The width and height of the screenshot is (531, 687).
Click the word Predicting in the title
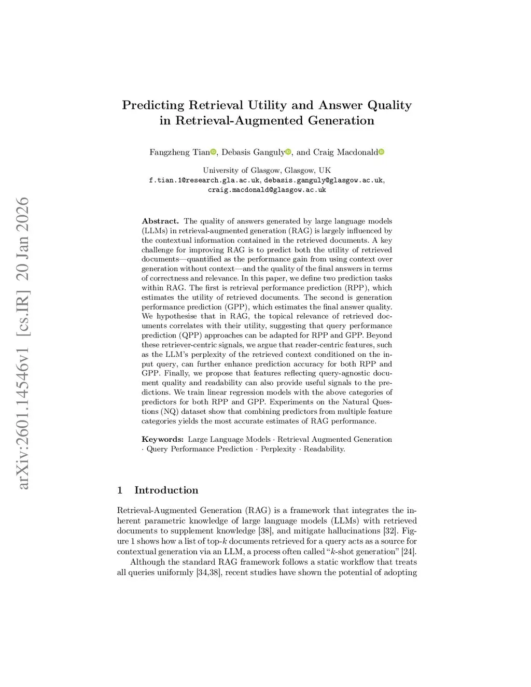(153, 105)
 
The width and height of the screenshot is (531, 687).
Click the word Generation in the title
(341, 121)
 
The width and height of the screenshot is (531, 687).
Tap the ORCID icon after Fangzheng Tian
(213, 152)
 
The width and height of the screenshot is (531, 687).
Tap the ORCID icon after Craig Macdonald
(382, 152)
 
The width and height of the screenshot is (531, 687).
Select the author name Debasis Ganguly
(253, 152)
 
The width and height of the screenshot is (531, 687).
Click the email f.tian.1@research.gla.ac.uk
(204, 180)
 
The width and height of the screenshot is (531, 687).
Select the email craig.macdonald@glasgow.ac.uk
(267, 190)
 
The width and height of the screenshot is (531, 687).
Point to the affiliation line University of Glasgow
(267, 170)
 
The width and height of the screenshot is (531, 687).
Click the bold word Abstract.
(160, 221)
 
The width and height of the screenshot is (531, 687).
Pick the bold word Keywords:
(162, 439)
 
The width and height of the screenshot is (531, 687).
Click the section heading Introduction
(166, 490)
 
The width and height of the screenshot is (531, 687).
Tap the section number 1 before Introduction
(120, 490)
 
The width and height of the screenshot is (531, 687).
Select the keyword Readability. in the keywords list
(324, 449)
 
